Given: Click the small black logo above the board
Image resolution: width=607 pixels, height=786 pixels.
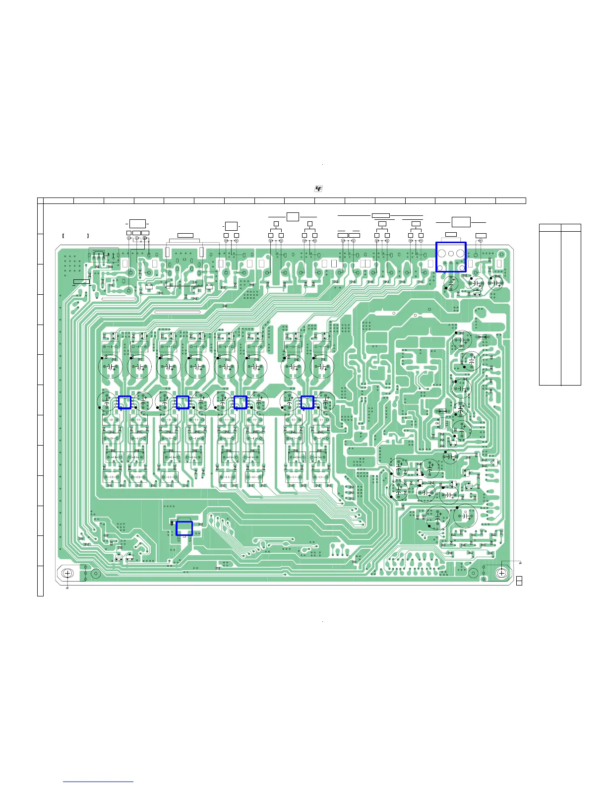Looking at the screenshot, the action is (318, 189).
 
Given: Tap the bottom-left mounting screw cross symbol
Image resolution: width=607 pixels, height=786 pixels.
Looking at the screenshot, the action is (68, 573).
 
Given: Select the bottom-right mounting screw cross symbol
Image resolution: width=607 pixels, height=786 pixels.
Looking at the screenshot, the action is (501, 573).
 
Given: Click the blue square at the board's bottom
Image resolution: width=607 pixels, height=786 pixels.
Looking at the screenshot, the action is (184, 528).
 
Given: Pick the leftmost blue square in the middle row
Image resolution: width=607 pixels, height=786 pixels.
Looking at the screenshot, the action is (124, 402).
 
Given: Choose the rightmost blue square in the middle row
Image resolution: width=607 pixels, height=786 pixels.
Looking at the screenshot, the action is (307, 402).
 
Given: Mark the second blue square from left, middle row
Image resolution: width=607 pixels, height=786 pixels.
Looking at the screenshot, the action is (182, 402).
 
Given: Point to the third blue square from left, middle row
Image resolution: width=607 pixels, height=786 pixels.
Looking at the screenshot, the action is (240, 402).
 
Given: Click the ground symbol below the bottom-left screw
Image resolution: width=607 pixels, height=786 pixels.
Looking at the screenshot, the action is (67, 588).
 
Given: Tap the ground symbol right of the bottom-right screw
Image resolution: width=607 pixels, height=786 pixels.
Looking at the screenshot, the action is (520, 563).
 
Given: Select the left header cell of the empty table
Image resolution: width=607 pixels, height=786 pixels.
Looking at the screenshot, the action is (550, 228).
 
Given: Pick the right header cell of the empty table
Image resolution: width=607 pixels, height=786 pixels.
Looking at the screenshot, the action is (571, 228).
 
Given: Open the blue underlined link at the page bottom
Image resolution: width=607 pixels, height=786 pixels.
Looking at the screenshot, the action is (98, 782).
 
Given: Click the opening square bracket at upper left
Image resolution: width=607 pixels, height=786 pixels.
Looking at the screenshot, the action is (63, 236).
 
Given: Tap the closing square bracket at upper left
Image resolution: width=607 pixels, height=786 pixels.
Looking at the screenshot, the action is (88, 236).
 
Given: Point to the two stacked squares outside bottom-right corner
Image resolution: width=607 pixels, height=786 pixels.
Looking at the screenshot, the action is (519, 581).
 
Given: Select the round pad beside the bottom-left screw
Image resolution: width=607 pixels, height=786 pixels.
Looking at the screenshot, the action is (96, 574).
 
